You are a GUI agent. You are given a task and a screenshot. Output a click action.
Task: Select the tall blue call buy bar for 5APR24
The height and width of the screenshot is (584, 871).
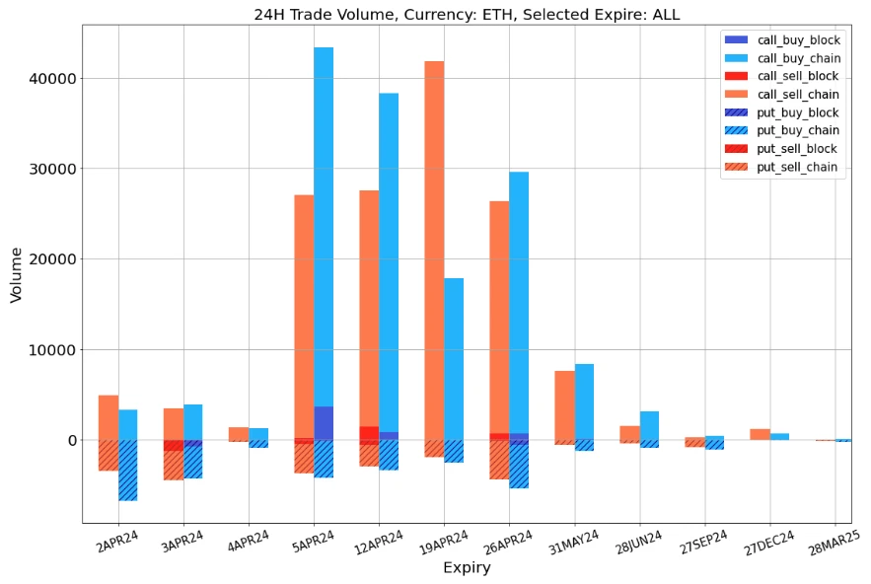[324, 227]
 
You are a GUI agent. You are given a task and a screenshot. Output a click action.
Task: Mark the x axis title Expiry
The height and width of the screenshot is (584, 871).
[467, 568]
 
